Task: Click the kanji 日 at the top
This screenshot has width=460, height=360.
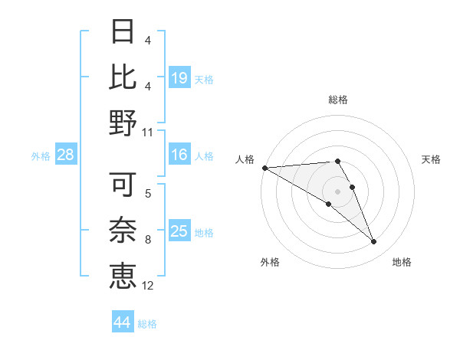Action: point(123,33)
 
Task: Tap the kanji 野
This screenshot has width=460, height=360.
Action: point(123,122)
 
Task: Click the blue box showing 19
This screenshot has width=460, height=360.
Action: point(179,77)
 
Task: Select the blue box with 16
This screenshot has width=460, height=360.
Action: point(179,155)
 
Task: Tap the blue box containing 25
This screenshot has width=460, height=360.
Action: point(179,231)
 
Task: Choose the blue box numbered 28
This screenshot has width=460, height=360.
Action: point(66,155)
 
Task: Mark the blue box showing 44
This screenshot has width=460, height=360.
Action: point(122,322)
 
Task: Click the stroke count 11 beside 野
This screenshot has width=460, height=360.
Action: point(148,132)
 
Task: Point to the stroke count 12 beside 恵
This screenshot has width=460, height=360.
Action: point(148,286)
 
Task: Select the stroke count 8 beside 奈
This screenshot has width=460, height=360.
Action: point(148,241)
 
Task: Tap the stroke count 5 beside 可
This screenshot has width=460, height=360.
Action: point(148,195)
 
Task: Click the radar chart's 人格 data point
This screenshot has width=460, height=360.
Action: point(264,168)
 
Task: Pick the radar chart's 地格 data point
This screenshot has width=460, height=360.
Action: point(374,242)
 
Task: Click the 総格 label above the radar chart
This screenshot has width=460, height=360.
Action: point(338,100)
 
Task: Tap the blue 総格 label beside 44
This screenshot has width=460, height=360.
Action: point(147,324)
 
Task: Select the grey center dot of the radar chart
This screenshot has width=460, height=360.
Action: point(338,191)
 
